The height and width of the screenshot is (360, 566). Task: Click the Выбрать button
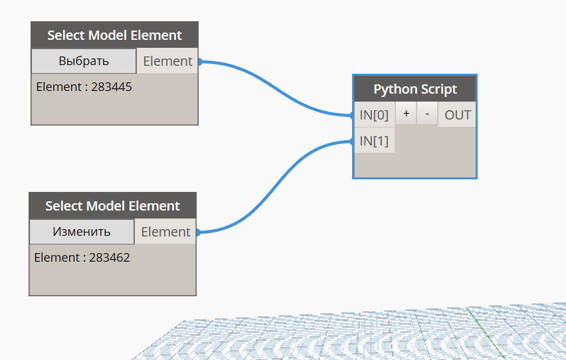pos(84,61)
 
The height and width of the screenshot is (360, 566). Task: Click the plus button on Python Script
pos(406,114)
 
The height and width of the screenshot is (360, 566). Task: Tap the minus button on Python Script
pos(427,114)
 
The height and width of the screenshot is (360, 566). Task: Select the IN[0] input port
pos(374,115)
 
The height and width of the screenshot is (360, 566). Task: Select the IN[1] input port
pos(374,141)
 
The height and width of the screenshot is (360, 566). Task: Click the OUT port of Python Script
pos(458,115)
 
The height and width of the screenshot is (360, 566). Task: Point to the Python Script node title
pos(415,89)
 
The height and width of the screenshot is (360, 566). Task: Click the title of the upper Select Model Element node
pos(114,35)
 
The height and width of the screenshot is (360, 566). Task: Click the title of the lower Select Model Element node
pos(112,206)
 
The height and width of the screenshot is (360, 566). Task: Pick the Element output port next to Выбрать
pos(167,61)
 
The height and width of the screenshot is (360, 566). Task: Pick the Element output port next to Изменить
pos(165,232)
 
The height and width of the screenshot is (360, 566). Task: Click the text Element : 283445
pos(84,86)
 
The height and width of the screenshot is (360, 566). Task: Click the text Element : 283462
pos(82,257)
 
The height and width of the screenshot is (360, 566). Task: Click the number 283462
pos(108,257)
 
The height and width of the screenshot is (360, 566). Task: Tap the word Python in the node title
pos(394,89)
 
